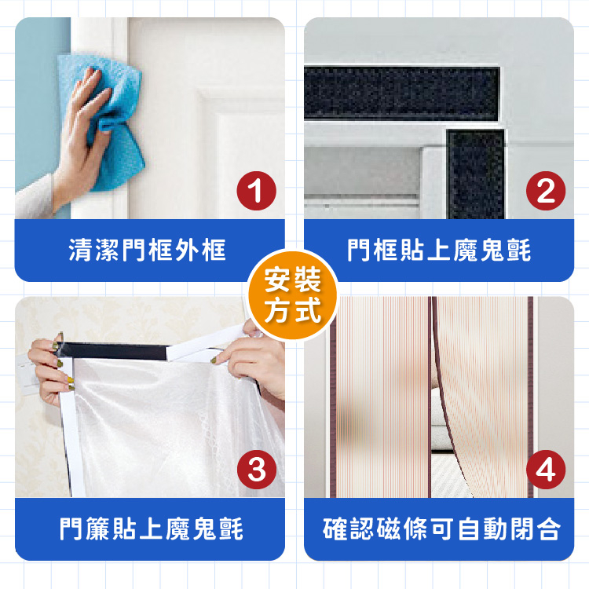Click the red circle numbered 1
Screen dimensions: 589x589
click(x=257, y=191)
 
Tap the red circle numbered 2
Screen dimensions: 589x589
click(x=546, y=191)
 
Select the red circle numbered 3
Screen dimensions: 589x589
click(x=257, y=470)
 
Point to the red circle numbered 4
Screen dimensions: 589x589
click(x=546, y=470)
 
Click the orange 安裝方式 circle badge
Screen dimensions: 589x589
click(x=293, y=295)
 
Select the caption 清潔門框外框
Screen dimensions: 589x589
click(x=148, y=250)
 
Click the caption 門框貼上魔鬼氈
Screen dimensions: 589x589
click(x=439, y=250)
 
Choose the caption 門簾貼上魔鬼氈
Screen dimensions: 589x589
click(x=151, y=529)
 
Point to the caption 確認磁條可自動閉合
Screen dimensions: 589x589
click(x=441, y=529)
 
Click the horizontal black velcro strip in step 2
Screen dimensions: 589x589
click(x=401, y=93)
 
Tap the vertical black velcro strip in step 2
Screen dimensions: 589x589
click(x=476, y=174)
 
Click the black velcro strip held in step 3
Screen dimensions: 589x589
click(x=112, y=351)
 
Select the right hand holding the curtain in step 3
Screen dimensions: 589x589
click(x=251, y=360)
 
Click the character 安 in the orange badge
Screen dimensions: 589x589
click(x=278, y=280)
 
